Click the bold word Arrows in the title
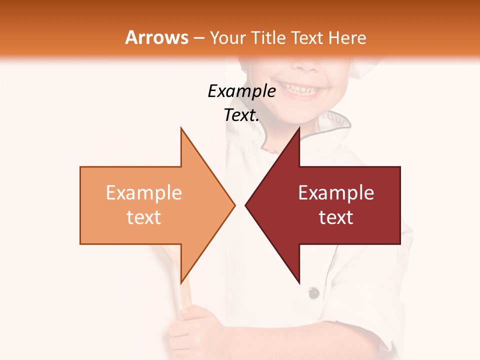pos(156,37)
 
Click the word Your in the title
pos(228,38)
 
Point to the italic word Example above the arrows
pos(241,91)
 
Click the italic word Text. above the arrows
pos(241,115)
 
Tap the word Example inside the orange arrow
pos(144,193)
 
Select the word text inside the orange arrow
pos(144,217)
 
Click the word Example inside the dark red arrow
pos(336,193)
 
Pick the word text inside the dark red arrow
pos(336,217)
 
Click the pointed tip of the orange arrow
pos(234,205)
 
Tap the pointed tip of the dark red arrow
pos(246,205)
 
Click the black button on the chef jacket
pos(313,293)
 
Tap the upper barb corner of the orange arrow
pos(181,128)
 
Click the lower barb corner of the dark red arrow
pos(299,282)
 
